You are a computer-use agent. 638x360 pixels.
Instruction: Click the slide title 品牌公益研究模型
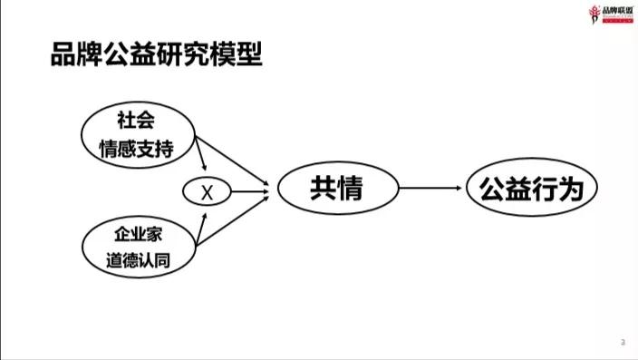(157, 55)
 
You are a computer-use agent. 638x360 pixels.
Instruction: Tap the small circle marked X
(206, 191)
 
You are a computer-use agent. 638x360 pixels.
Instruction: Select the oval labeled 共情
(338, 189)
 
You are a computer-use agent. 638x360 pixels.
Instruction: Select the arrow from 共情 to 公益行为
(431, 189)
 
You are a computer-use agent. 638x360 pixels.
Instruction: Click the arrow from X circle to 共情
(250, 191)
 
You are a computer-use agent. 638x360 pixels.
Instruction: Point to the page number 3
(623, 342)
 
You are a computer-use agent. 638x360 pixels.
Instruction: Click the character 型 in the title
(249, 55)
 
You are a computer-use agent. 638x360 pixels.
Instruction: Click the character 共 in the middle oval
(323, 189)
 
